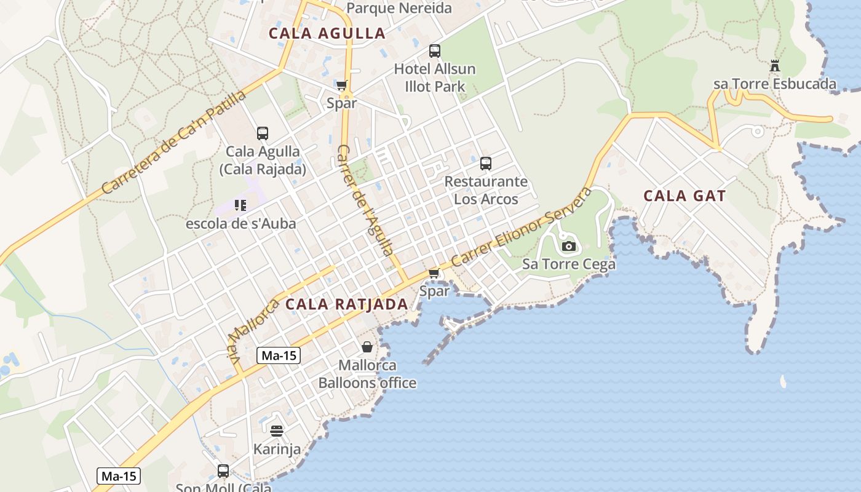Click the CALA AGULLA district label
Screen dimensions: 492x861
coord(327,33)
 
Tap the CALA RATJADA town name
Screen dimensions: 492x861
coord(347,304)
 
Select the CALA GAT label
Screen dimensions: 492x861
coord(684,196)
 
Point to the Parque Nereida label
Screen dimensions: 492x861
coord(399,8)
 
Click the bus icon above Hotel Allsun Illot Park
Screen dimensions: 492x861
coord(435,51)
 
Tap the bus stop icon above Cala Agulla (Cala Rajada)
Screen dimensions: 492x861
coord(263,133)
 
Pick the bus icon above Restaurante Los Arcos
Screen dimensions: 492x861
coord(486,163)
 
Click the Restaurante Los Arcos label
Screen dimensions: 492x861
coord(486,190)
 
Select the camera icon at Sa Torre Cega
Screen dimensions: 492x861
coord(569,247)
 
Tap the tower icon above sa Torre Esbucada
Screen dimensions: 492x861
coord(775,66)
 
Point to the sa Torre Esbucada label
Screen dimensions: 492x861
coord(775,84)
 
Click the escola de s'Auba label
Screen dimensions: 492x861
coord(241,223)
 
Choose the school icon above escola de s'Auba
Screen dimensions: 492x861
coord(240,205)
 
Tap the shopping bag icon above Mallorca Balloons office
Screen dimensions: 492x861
coord(367,347)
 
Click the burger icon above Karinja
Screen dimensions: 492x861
coord(277,430)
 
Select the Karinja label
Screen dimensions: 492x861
coord(277,449)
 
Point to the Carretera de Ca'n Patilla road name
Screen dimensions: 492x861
coord(173,142)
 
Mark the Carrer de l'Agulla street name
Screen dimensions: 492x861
coord(365,200)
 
